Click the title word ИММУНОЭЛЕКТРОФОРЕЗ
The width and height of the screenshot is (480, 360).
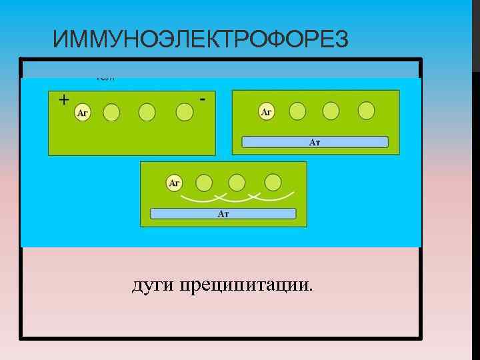[200, 41]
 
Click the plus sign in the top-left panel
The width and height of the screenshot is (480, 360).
[63, 100]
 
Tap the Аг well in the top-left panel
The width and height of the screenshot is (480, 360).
[83, 113]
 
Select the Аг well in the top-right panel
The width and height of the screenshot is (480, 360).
[266, 112]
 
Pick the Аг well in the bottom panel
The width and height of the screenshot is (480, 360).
[174, 182]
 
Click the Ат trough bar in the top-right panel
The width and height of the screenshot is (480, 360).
[315, 142]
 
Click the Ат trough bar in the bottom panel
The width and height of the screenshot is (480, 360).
[223, 213]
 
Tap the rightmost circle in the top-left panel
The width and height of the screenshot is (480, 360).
[185, 112]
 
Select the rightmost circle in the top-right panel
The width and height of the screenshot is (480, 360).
[366, 111]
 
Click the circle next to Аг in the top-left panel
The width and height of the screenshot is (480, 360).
[111, 112]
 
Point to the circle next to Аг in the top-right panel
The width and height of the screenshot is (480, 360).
[297, 111]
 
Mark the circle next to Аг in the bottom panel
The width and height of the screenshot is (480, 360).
[204, 182]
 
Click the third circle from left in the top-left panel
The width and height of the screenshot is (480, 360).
[147, 112]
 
